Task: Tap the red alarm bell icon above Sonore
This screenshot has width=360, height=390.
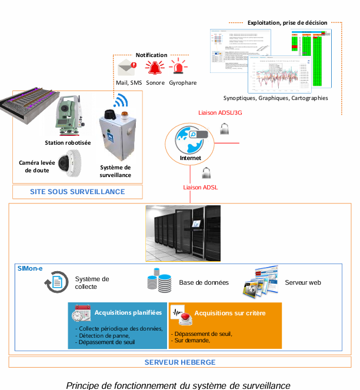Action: (x=155, y=67)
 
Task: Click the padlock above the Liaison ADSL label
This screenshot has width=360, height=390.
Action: (x=205, y=173)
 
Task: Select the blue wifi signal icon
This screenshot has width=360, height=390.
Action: (x=121, y=102)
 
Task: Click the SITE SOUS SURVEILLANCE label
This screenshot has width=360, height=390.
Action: (x=78, y=192)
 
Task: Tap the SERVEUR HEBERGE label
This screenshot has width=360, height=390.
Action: (x=180, y=362)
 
